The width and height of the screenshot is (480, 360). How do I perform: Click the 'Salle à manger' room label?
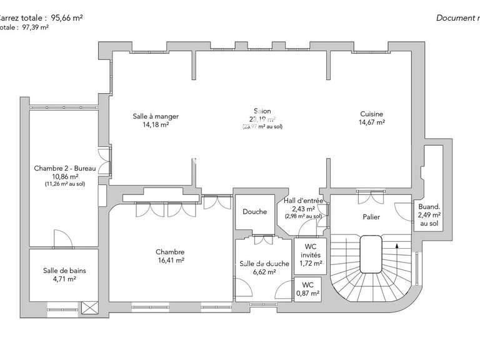click(156, 116)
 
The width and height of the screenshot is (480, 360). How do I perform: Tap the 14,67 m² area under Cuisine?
click(371, 122)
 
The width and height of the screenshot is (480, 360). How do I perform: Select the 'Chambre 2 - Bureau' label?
click(65, 168)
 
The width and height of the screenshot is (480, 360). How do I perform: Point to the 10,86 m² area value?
click(65, 176)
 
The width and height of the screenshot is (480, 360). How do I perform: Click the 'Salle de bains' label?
click(64, 271)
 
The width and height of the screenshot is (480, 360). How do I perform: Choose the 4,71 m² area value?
click(64, 279)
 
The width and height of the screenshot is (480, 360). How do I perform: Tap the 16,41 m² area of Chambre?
click(170, 261)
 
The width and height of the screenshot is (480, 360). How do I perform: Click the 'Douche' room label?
click(255, 211)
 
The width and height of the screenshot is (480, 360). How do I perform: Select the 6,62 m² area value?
click(264, 272)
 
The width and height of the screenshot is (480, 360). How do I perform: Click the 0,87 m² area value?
click(307, 293)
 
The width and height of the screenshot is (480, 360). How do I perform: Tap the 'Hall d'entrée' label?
click(303, 201)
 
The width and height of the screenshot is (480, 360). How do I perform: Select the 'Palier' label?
click(371, 217)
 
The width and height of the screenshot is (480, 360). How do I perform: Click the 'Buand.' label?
click(429, 206)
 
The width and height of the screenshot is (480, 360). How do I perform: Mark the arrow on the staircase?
click(396, 254)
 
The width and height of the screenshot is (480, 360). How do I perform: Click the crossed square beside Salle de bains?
click(89, 307)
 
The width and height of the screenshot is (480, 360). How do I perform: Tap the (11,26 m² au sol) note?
click(65, 184)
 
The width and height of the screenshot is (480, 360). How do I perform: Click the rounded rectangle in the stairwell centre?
click(371, 254)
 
